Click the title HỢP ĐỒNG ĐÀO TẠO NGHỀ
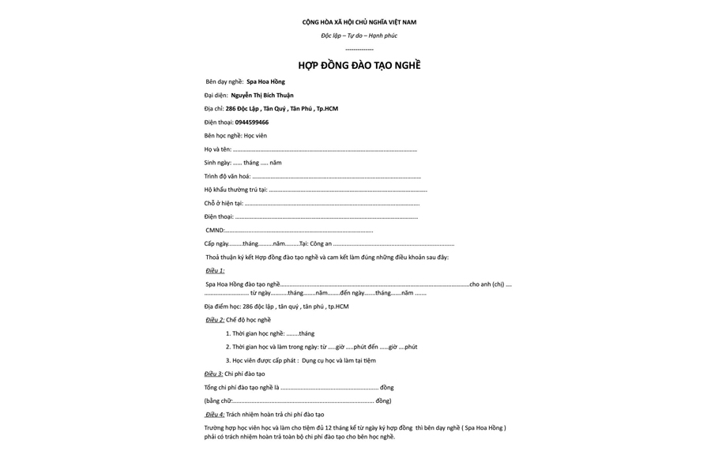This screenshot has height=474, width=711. coord(359,65)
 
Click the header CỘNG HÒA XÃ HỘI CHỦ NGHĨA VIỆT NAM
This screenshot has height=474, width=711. coord(359,22)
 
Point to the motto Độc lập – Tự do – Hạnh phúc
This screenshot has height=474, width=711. coord(359,36)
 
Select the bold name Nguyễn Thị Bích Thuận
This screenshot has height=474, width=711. coord(261,96)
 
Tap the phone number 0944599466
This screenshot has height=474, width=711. coord(251,122)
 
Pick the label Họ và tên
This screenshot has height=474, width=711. coord(217,149)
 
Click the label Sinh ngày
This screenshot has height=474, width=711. coord(217,163)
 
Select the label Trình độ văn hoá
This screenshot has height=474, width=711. coord(227,176)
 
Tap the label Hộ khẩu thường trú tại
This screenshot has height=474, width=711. coord(235,190)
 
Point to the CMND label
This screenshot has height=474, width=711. coord(214,231)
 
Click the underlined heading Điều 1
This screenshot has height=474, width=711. coord(215,271)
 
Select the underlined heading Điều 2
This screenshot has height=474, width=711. coord(215,320)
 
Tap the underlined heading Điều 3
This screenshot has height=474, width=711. coord(213,374)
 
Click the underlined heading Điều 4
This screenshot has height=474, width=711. coord(215,414)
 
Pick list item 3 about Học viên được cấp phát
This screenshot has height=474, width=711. coord(300,360)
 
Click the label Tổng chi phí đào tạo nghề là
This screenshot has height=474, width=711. coord(242,387)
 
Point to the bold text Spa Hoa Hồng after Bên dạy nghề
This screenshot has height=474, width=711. coord(265,81)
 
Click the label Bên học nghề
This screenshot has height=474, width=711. coord(224,136)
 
